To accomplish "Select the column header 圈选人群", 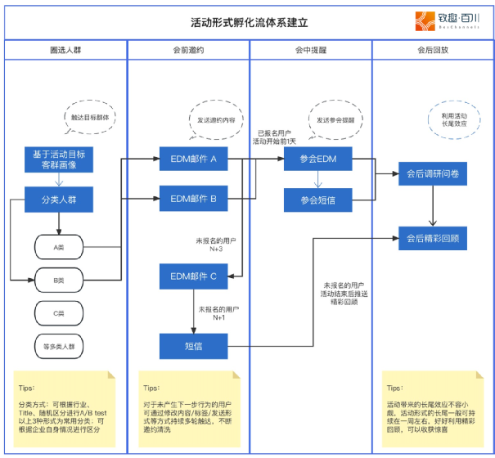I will [65, 51].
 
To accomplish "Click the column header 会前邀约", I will [188, 51].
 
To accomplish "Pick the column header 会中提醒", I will [311, 51].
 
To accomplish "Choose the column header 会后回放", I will [432, 51].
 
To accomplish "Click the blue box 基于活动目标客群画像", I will [59, 159].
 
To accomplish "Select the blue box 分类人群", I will [59, 199].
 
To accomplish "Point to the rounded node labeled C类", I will [59, 312].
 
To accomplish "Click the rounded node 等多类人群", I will [59, 346].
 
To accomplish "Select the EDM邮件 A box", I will [193, 159].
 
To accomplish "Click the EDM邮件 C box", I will [193, 276].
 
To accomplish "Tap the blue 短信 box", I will [193, 346].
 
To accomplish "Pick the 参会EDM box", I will [317, 159].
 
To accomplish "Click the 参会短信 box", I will [317, 199].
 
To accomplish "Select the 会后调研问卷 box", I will [432, 173].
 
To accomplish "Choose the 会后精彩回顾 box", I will [432, 239].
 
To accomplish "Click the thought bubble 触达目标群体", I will [89, 116].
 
